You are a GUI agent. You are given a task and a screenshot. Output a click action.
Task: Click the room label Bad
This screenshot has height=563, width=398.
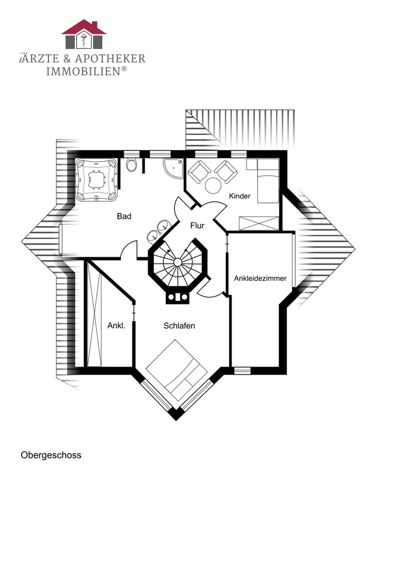pyautogui.click(x=124, y=216)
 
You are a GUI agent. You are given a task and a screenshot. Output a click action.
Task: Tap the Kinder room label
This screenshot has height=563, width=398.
pyautogui.click(x=239, y=196)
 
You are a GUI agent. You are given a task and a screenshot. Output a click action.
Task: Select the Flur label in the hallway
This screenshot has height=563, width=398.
pyautogui.click(x=197, y=226)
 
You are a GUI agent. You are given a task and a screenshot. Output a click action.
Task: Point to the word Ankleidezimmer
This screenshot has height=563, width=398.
pyautogui.click(x=260, y=278)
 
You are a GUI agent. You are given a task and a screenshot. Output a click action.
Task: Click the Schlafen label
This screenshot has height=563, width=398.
pyautogui.click(x=179, y=326)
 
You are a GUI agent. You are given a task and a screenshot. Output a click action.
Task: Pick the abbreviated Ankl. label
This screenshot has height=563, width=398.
pyautogui.click(x=116, y=326)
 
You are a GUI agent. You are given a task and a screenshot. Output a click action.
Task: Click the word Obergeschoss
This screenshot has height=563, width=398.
pyautogui.click(x=51, y=455)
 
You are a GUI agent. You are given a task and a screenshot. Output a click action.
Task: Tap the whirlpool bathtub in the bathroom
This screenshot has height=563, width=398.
pyautogui.click(x=97, y=179)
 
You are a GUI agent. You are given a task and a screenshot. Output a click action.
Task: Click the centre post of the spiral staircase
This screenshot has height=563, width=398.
pyautogui.click(x=177, y=262)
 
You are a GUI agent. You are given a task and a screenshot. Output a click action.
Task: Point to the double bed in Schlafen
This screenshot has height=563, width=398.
pyautogui.click(x=177, y=371)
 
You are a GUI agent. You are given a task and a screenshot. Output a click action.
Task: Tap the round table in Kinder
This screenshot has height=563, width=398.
pyautogui.click(x=213, y=185)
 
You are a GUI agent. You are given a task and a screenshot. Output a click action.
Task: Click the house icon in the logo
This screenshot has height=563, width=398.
pyautogui.click(x=83, y=34)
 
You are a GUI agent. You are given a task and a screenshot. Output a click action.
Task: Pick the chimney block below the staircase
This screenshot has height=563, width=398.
pyautogui.click(x=177, y=297)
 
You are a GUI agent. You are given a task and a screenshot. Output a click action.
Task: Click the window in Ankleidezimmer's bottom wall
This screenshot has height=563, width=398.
pyautogui.click(x=242, y=370)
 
